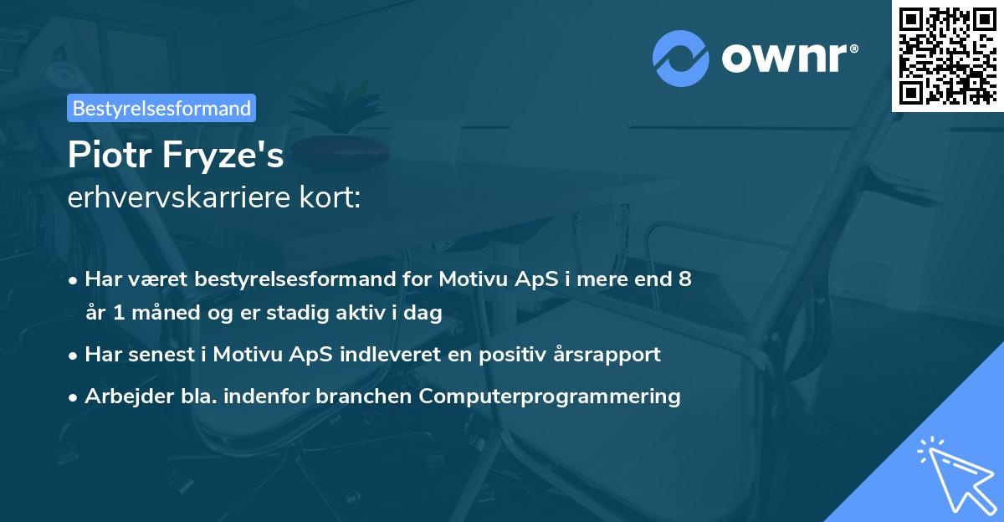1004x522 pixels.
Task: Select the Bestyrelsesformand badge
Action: tap(161, 108)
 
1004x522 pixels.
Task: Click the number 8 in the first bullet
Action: tap(685, 279)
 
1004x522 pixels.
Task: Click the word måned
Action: tap(154, 312)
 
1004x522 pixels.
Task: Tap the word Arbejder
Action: tap(124, 396)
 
